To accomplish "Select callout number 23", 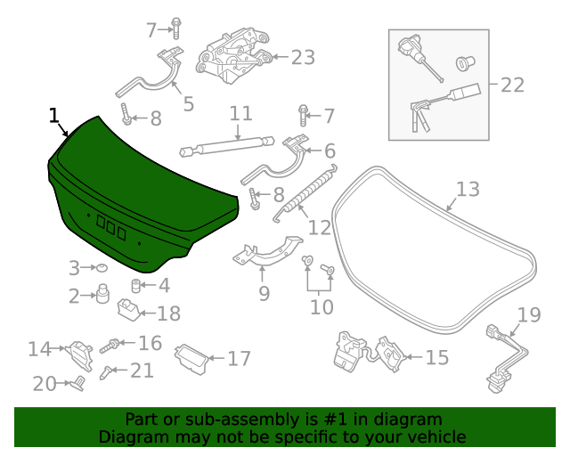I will click(303, 58).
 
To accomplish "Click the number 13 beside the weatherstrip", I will click(468, 190).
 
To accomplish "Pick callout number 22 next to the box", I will click(512, 85).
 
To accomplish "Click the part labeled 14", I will click(82, 354).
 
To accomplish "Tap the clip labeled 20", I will click(77, 384).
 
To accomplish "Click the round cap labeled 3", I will click(102, 267).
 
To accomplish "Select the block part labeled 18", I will click(130, 311).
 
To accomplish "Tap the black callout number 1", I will click(54, 116).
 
